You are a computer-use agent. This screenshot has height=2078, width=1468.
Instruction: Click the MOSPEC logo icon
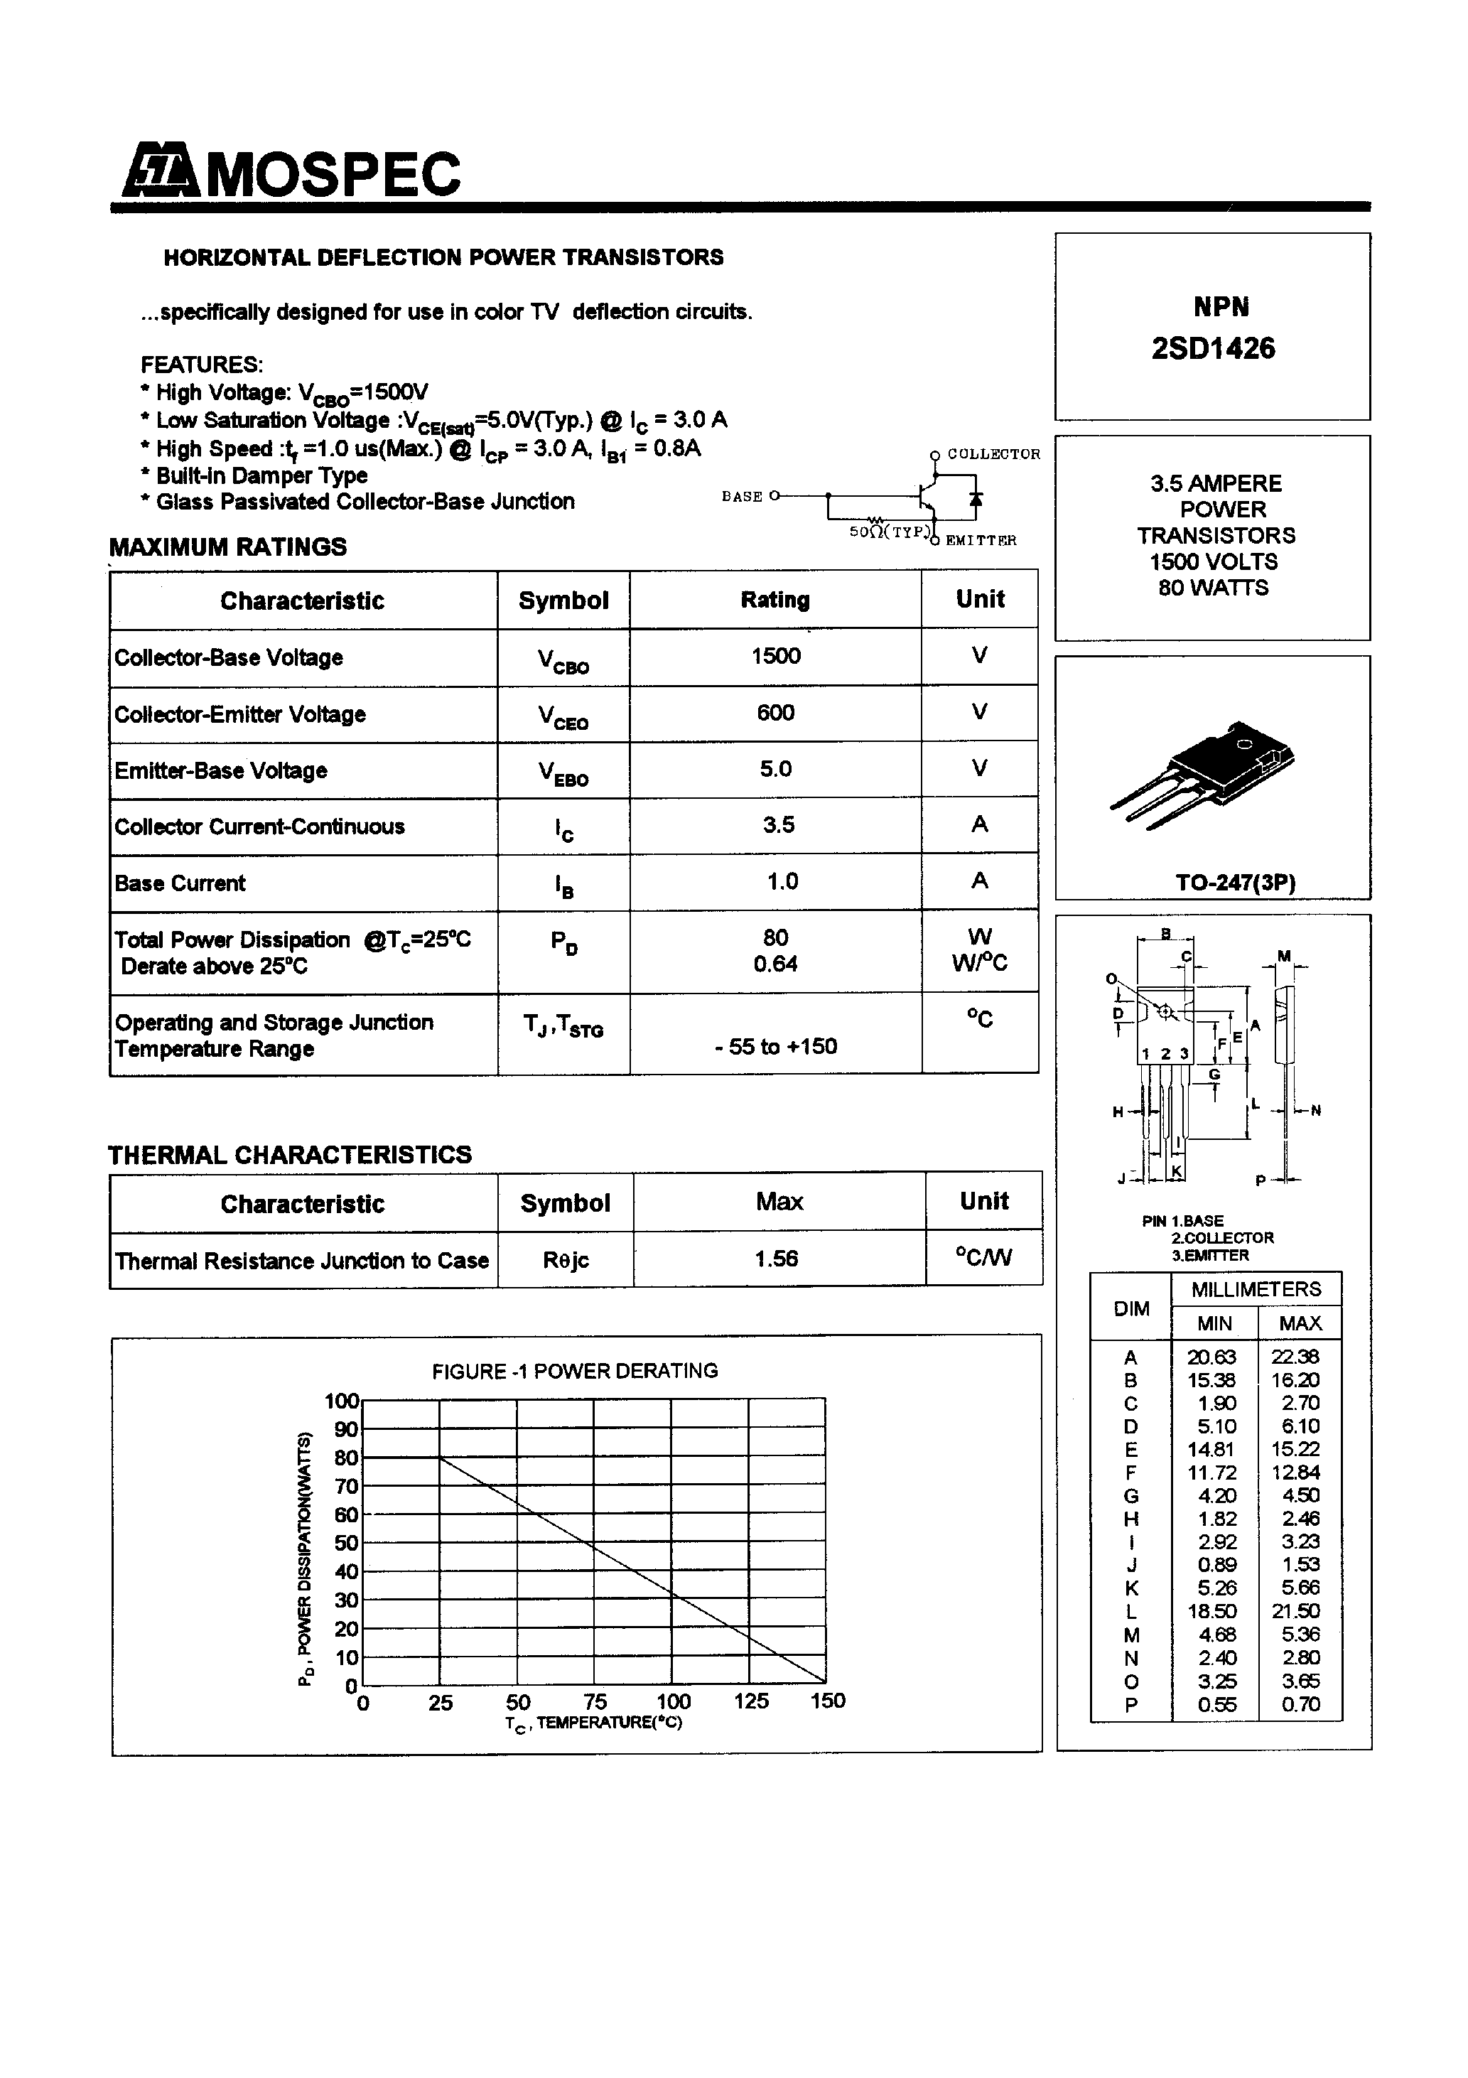(159, 171)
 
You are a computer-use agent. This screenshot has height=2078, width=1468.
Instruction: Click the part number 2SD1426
(1213, 348)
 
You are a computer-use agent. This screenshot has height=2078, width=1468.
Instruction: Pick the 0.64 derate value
(776, 964)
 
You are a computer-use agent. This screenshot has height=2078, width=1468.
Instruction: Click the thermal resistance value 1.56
(777, 1258)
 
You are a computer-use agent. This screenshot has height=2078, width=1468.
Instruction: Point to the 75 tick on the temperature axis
(595, 1701)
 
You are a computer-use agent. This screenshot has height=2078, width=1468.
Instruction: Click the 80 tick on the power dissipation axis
(347, 1457)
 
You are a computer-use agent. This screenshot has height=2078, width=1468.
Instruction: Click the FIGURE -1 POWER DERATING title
(575, 1371)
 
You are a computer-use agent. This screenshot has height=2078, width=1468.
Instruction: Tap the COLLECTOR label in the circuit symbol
(993, 454)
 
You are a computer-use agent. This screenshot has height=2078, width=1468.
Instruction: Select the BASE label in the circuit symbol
(741, 497)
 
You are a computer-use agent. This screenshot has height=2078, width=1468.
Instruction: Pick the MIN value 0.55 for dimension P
(1211, 1704)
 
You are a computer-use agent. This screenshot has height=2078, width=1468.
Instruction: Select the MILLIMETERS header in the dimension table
(1256, 1288)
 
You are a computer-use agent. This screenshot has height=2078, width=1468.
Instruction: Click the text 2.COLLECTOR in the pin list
(1222, 1237)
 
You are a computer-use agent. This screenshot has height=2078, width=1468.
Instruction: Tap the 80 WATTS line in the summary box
(1213, 588)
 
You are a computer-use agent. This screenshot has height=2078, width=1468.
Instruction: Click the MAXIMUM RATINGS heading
(228, 547)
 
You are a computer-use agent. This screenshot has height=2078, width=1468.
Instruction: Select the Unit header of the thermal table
(984, 1201)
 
